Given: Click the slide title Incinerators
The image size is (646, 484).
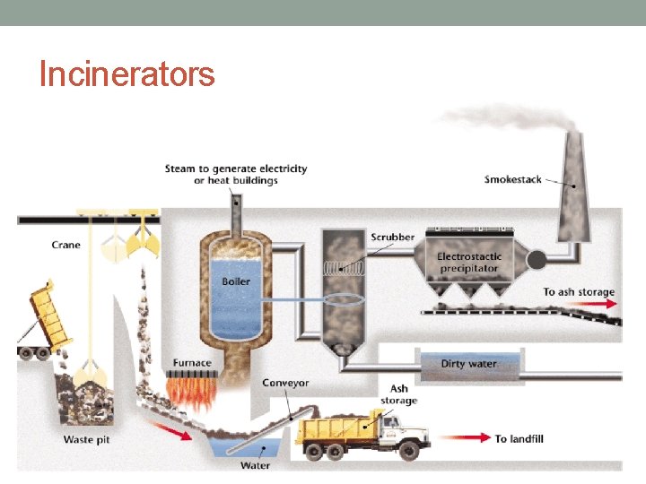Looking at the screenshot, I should pyautogui.click(x=127, y=73).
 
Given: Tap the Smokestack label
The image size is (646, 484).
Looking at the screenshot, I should pyautogui.click(x=512, y=179).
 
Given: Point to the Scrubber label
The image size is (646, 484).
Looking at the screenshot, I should pyautogui.click(x=392, y=238).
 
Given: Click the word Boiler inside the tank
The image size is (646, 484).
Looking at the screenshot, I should pyautogui.click(x=236, y=281).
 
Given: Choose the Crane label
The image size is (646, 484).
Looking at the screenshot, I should pyautogui.click(x=65, y=245).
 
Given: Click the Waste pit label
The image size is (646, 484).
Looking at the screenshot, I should pyautogui.click(x=86, y=440).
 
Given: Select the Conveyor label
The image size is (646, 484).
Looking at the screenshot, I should pyautogui.click(x=285, y=383).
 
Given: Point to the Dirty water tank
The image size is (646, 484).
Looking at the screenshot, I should pyautogui.click(x=469, y=364).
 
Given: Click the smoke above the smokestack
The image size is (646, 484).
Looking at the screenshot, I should pyautogui.click(x=502, y=117).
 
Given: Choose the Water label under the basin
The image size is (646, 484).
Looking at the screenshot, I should pyautogui.click(x=255, y=465).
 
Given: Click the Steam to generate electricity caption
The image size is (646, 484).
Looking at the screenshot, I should pyautogui.click(x=236, y=174).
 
